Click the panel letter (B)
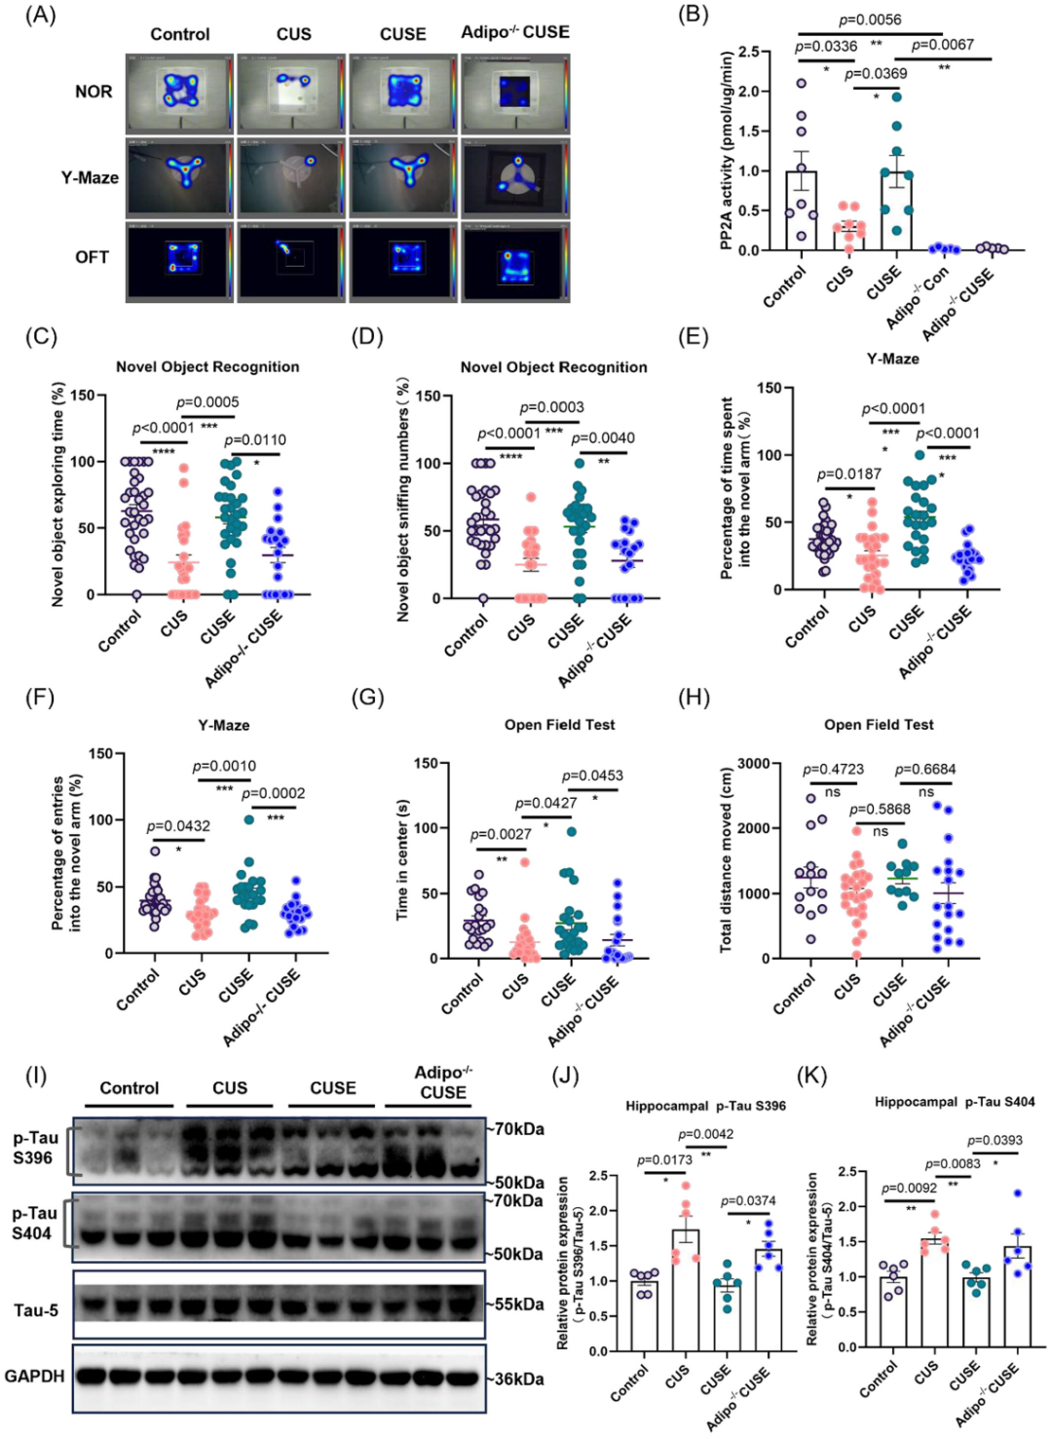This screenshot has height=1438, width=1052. (693, 15)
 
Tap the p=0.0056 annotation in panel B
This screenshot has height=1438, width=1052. (870, 19)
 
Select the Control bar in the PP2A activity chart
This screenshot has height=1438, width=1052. (802, 210)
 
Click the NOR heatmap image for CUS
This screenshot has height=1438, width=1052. (290, 93)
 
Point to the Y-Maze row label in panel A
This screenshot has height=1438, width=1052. (90, 177)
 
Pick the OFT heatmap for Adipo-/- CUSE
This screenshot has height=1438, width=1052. (515, 261)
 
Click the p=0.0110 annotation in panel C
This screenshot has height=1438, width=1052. (255, 439)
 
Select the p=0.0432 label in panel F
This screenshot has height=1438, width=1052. (178, 826)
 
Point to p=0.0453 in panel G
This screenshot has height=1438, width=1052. (592, 776)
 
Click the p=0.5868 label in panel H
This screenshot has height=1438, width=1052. (880, 810)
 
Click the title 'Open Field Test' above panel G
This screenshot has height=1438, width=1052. (559, 725)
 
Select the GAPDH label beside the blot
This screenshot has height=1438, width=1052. (35, 1376)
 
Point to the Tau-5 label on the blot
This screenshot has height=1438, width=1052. (36, 1310)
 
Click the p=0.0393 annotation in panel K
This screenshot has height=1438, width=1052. (995, 1140)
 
